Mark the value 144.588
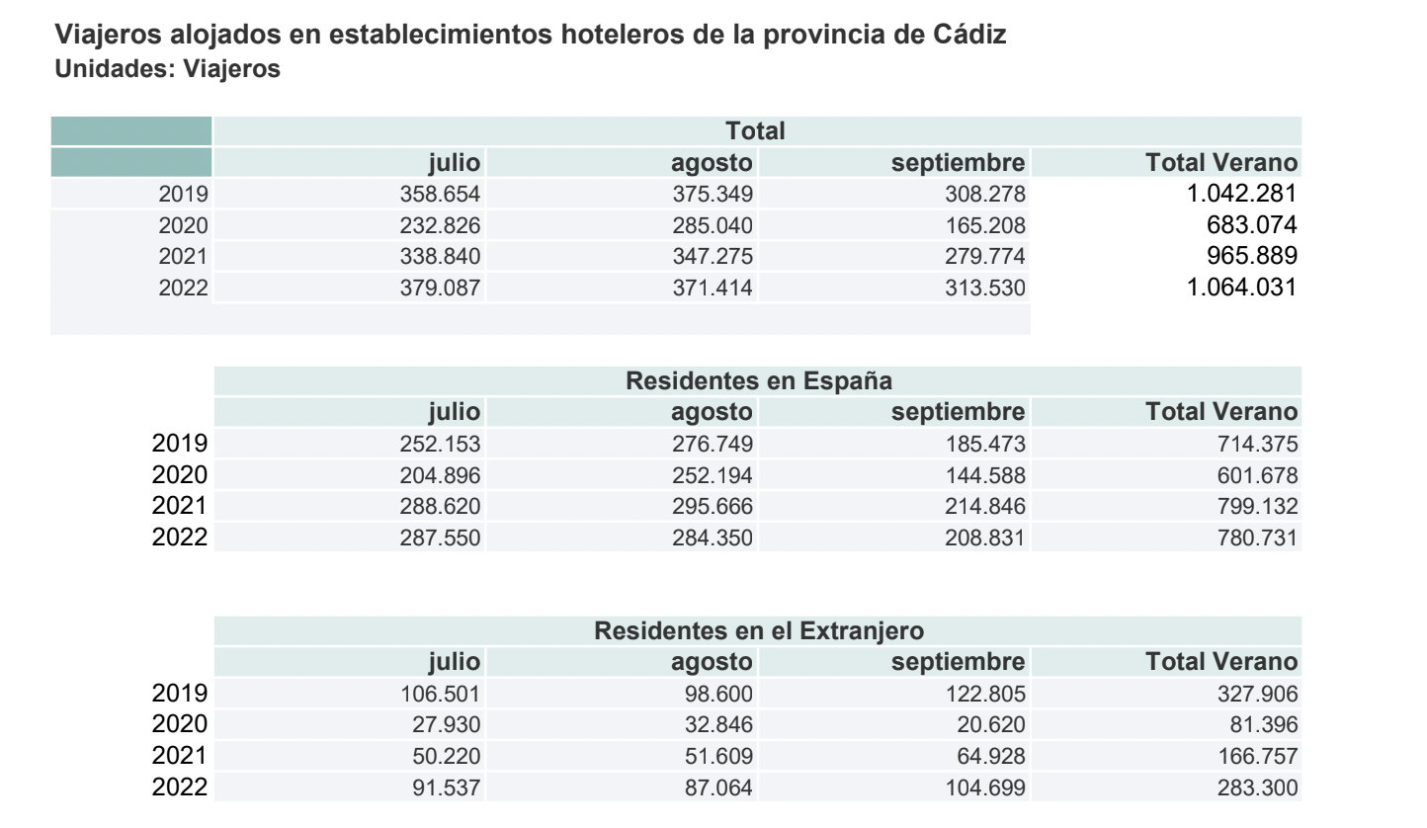coord(985,475)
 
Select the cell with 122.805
coord(985,694)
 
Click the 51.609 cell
coord(720,757)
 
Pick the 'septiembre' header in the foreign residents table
coord(958,661)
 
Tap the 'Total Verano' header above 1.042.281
coord(1220,161)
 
